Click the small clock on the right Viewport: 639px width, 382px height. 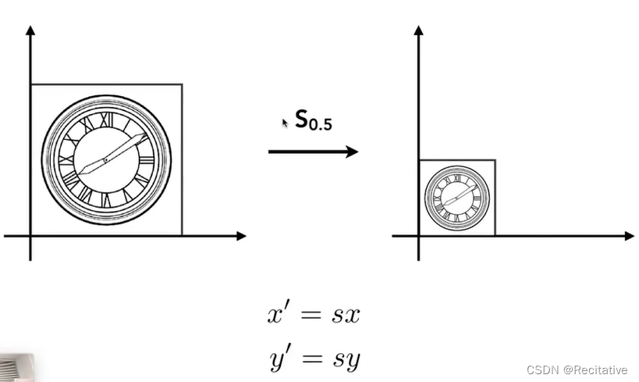[458, 197]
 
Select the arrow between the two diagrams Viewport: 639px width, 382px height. [313, 151]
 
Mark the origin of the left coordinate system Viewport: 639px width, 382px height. [30, 235]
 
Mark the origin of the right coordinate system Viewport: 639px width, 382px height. [419, 235]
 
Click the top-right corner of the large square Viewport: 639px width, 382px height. [182, 84]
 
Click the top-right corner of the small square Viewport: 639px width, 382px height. [495, 160]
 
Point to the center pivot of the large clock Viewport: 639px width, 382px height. [105, 160]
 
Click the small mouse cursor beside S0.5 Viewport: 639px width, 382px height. [284, 123]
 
